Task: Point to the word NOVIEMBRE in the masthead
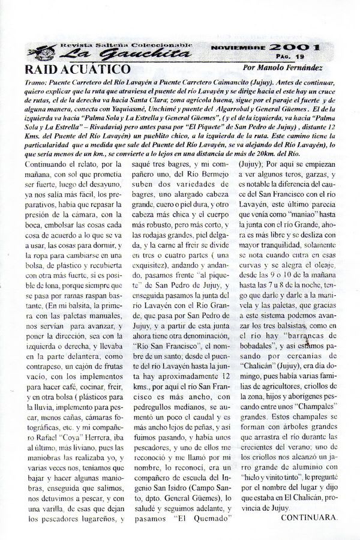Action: (238, 47)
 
